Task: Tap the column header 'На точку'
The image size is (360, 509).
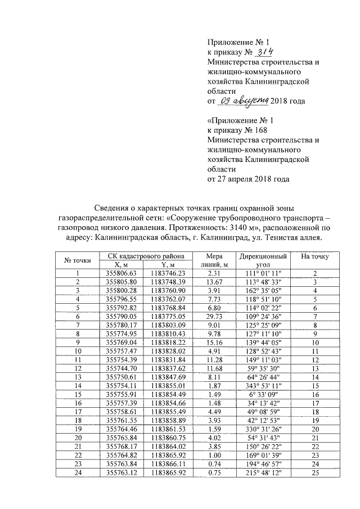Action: tap(315, 257)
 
